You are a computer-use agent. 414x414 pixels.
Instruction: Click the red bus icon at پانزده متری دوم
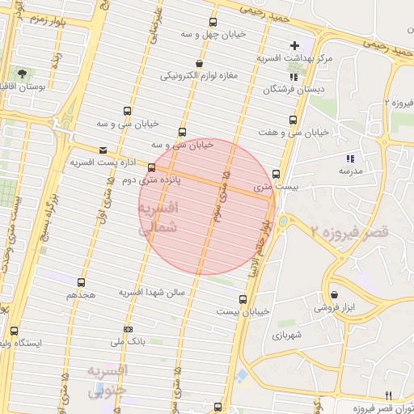pyautogui.click(x=151, y=168)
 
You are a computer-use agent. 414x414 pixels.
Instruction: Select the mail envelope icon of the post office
pyautogui.click(x=103, y=150)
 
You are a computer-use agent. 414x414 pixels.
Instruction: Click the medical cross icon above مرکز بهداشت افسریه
pyautogui.click(x=294, y=45)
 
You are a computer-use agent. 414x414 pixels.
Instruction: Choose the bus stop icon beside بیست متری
pyautogui.click(x=277, y=174)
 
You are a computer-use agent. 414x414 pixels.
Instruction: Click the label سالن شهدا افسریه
pyautogui.click(x=152, y=291)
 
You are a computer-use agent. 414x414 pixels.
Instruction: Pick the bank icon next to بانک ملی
pyautogui.click(x=128, y=329)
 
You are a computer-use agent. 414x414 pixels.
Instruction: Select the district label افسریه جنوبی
pyautogui.click(x=107, y=381)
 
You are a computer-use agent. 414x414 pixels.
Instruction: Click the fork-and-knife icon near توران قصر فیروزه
pyautogui.click(x=388, y=395)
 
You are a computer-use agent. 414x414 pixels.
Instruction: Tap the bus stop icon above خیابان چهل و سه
pyautogui.click(x=213, y=23)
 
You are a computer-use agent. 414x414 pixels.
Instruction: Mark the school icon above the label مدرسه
pyautogui.click(x=350, y=159)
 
